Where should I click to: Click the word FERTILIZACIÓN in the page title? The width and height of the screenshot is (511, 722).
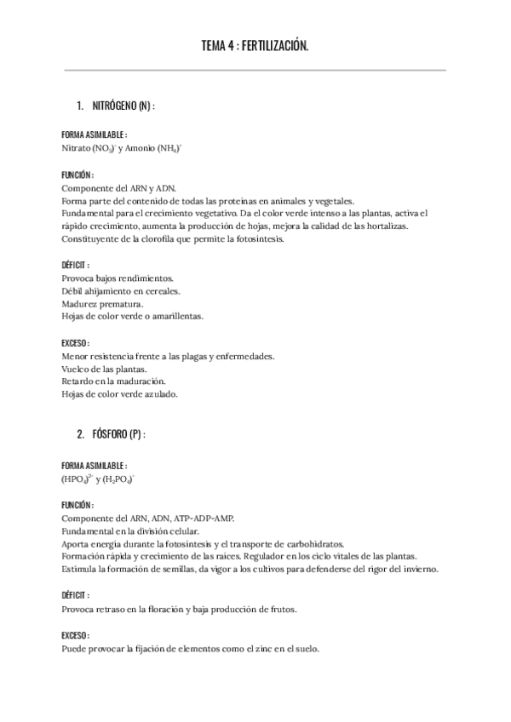pos(274,48)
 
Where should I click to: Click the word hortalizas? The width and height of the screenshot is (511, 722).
pos(388,226)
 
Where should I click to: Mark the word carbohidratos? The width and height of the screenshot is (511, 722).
pos(306,543)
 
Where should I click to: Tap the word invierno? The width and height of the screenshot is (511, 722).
pos(418,569)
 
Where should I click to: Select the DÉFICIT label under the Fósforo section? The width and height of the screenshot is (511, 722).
pos(74,595)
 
